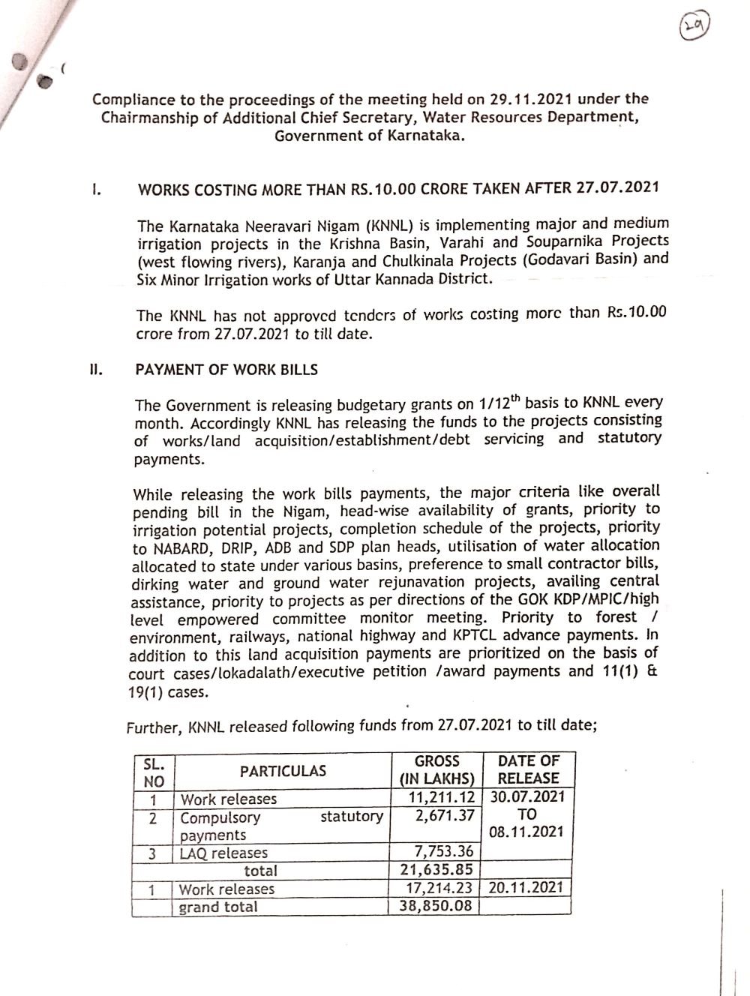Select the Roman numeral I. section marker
(96, 189)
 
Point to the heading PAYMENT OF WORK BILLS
(226, 370)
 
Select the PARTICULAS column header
(283, 771)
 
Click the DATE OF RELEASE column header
(529, 769)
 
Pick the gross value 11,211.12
(441, 797)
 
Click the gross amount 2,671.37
(445, 815)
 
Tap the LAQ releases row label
(223, 853)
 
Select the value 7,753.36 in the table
(445, 851)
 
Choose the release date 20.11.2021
(526, 887)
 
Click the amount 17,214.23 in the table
(441, 888)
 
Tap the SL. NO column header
(153, 771)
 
